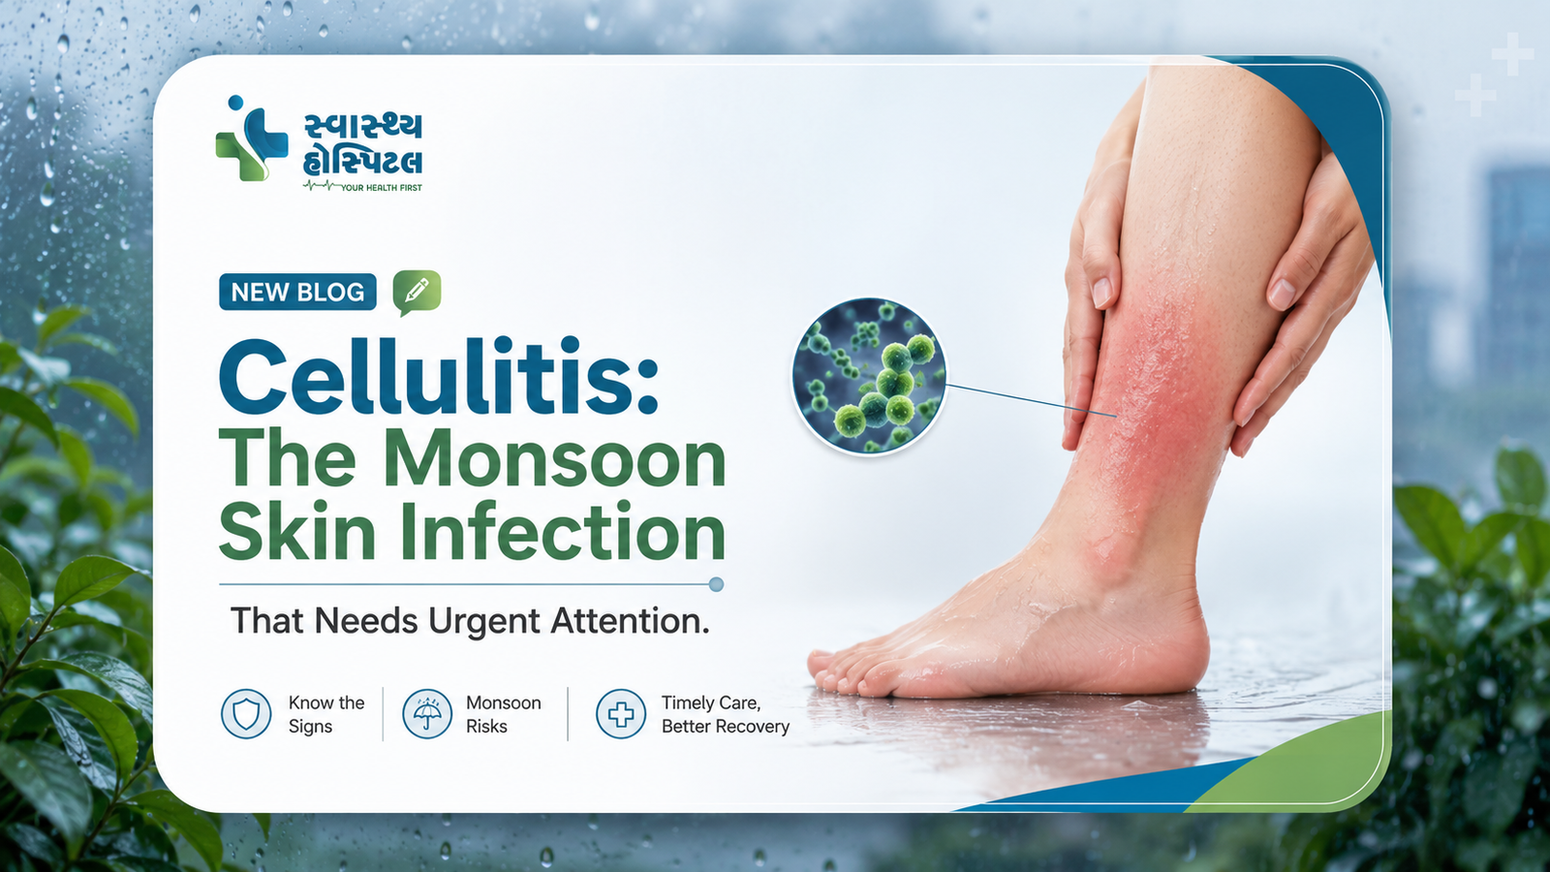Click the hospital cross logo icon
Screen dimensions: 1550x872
(251, 139)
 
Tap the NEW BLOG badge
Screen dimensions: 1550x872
(297, 292)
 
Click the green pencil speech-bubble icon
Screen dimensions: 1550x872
(417, 292)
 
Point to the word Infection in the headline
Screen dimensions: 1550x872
(563, 532)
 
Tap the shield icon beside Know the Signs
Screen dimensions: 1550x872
(246, 713)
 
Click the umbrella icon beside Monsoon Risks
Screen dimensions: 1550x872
(427, 713)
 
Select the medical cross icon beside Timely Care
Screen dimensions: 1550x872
(621, 713)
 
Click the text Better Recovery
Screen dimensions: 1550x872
(726, 727)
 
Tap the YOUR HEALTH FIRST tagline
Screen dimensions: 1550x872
(382, 188)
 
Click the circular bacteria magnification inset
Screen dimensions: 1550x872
(869, 377)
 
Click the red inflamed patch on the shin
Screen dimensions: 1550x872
(1162, 388)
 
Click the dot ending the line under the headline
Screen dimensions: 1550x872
(716, 585)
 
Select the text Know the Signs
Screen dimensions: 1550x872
(325, 714)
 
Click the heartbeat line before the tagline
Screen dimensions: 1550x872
(322, 185)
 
